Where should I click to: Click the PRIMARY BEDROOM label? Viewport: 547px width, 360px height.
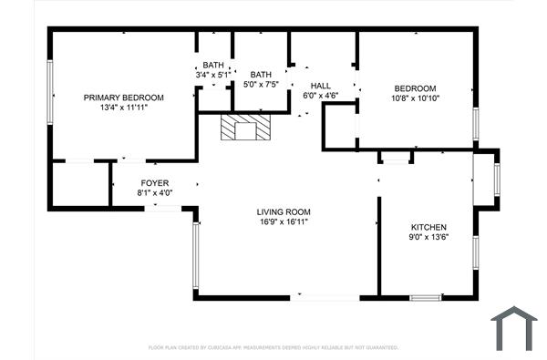[x=123, y=98]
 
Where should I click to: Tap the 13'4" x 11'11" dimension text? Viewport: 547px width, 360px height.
[x=123, y=108]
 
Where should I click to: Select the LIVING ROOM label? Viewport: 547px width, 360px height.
[x=284, y=212]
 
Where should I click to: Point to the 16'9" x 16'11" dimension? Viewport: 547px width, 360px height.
[x=284, y=222]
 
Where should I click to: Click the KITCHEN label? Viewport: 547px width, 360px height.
[x=428, y=227]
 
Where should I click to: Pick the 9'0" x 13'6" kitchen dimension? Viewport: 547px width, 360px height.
[x=428, y=237]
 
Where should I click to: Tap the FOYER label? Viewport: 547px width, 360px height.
[x=154, y=183]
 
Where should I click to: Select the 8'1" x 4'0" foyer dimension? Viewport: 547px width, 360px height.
[x=154, y=193]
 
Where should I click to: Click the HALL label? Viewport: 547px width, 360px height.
[x=320, y=84]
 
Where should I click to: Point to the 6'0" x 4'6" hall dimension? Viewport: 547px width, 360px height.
[x=320, y=94]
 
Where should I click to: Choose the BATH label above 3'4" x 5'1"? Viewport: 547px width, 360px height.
[x=213, y=65]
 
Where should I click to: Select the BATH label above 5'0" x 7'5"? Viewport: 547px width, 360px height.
[x=262, y=75]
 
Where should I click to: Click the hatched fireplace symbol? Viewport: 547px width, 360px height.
[x=245, y=129]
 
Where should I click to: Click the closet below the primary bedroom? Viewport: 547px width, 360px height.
[x=79, y=184]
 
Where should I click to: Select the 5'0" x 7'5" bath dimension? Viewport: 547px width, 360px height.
[x=262, y=85]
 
